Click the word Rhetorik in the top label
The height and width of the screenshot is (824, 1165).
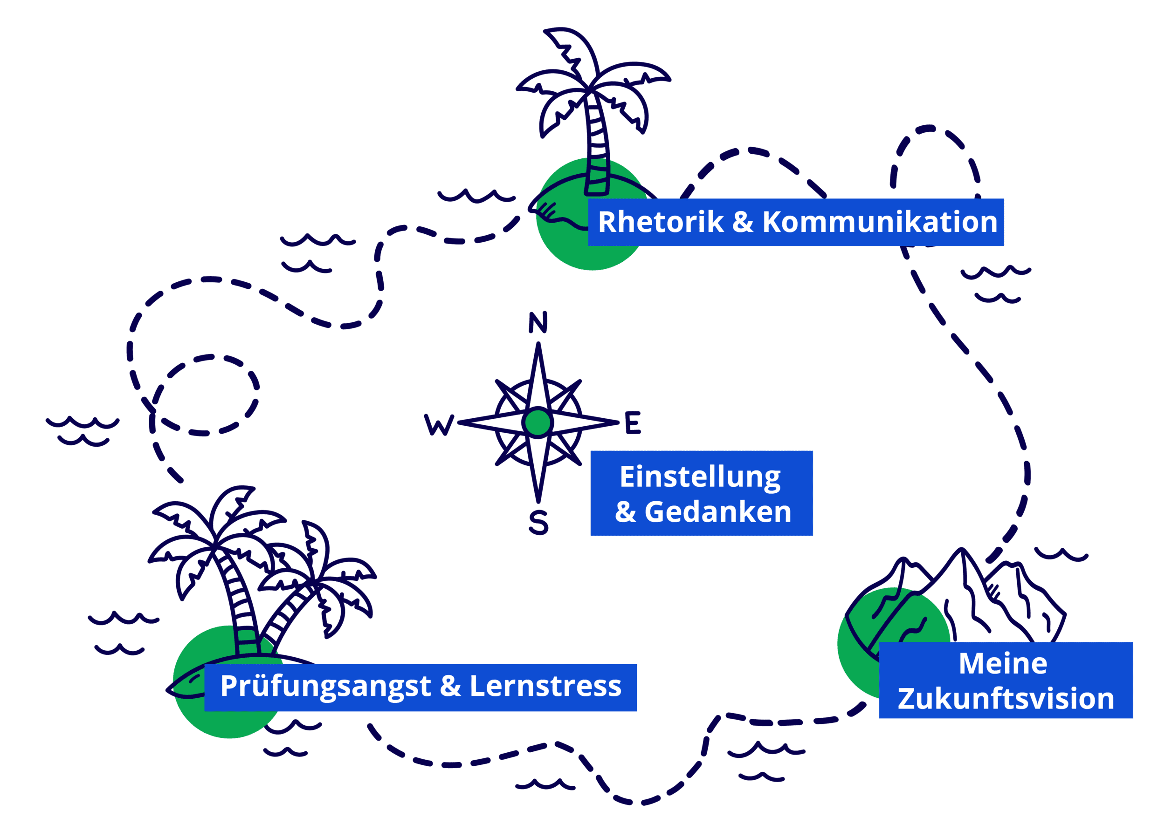pyautogui.click(x=661, y=222)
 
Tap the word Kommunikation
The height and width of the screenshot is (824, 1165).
pyautogui.click(x=880, y=222)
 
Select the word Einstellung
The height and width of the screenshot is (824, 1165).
pyautogui.click(x=700, y=477)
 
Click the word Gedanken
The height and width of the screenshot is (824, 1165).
pyautogui.click(x=717, y=512)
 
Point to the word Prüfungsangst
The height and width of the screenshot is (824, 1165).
pyautogui.click(x=325, y=687)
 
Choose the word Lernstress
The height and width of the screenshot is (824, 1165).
pyautogui.click(x=545, y=686)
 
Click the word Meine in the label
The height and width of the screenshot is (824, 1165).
pyautogui.click(x=1003, y=664)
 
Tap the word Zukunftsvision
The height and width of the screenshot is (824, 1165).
pyautogui.click(x=1006, y=699)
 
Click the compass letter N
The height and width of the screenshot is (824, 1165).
pyautogui.click(x=538, y=323)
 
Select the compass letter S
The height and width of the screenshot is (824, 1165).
pyautogui.click(x=538, y=523)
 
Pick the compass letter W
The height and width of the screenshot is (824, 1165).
pyautogui.click(x=438, y=425)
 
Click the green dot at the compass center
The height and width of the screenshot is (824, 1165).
pyautogui.click(x=538, y=422)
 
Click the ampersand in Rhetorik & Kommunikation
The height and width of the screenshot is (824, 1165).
pyautogui.click(x=743, y=222)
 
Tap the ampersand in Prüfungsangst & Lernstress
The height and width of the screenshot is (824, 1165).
pyautogui.click(x=450, y=686)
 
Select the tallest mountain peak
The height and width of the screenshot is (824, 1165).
pyautogui.click(x=961, y=550)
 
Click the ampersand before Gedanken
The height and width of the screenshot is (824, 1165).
pyautogui.click(x=625, y=512)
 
